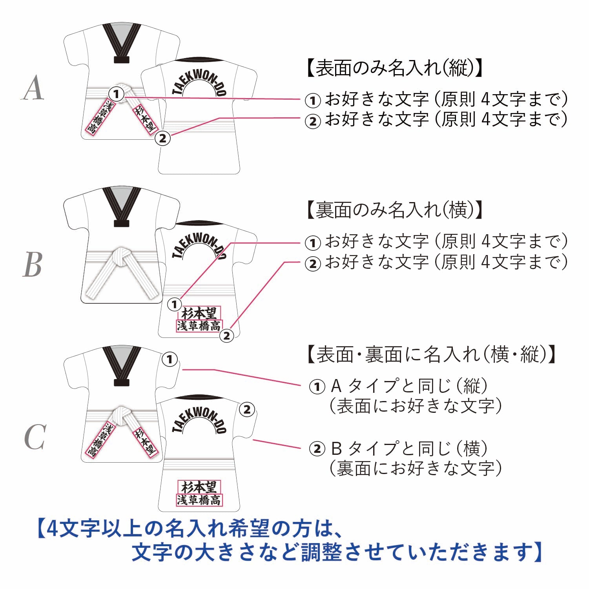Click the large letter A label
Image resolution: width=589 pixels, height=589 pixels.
(x=33, y=88)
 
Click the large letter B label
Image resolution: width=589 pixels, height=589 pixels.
(x=32, y=264)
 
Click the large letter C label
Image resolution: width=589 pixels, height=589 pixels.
(x=35, y=437)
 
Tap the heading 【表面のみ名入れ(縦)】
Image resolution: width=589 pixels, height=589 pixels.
(x=394, y=68)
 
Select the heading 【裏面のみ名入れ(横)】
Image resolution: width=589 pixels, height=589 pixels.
(x=394, y=210)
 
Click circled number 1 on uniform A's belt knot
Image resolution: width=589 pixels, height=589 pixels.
(x=116, y=94)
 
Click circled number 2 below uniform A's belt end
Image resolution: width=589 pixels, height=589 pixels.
(x=163, y=138)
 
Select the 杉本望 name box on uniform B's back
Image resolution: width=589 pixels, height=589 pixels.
(x=199, y=313)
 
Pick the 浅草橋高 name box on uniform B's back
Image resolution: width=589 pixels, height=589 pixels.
(x=199, y=326)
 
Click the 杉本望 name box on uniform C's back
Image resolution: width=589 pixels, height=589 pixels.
(x=199, y=487)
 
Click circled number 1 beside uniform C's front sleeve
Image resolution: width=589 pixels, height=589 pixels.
(x=170, y=359)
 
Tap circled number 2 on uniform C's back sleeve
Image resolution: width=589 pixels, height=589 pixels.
(x=247, y=410)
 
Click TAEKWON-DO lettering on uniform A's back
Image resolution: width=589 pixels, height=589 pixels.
(x=199, y=84)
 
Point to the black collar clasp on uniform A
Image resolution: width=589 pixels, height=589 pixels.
(x=121, y=60)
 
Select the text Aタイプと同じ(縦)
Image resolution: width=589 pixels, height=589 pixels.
(x=410, y=386)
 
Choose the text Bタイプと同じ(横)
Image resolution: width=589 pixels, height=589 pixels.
(x=410, y=448)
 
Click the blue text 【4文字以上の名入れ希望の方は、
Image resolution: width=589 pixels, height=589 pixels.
(x=190, y=529)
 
